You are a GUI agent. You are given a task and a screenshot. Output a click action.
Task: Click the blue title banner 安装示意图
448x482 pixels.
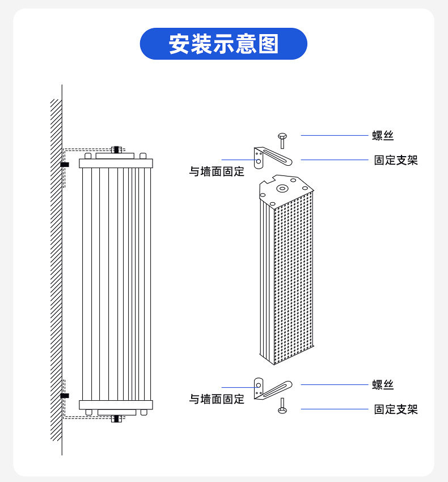223,44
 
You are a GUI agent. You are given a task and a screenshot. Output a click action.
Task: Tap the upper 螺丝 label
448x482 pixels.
383,136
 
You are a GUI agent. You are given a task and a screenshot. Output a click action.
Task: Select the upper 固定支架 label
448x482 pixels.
395,160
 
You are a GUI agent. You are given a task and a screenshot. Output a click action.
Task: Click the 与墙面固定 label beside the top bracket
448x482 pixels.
217,171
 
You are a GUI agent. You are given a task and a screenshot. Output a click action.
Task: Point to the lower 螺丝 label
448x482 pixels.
383,385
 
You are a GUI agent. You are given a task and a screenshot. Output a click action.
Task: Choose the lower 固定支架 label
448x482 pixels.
395,409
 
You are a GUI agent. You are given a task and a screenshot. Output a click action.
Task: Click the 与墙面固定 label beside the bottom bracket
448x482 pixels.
217,399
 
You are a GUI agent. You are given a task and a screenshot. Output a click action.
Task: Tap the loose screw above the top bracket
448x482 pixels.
282,140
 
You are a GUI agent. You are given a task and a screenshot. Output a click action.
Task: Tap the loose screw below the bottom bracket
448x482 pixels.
282,405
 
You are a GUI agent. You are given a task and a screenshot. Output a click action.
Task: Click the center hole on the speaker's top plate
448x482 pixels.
282,187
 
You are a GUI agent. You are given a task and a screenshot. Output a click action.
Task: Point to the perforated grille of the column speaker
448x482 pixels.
294,278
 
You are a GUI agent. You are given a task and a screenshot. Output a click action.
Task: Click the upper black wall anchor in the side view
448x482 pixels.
65,165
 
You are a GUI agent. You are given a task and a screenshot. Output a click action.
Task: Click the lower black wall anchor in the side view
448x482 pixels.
65,395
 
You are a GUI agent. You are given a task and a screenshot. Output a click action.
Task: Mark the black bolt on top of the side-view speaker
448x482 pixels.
116,150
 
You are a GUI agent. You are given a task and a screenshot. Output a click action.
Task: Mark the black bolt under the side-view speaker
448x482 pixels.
116,419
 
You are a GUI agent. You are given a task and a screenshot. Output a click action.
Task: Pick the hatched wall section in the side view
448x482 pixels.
56,273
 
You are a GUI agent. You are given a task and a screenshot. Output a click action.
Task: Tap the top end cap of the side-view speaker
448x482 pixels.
116,164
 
